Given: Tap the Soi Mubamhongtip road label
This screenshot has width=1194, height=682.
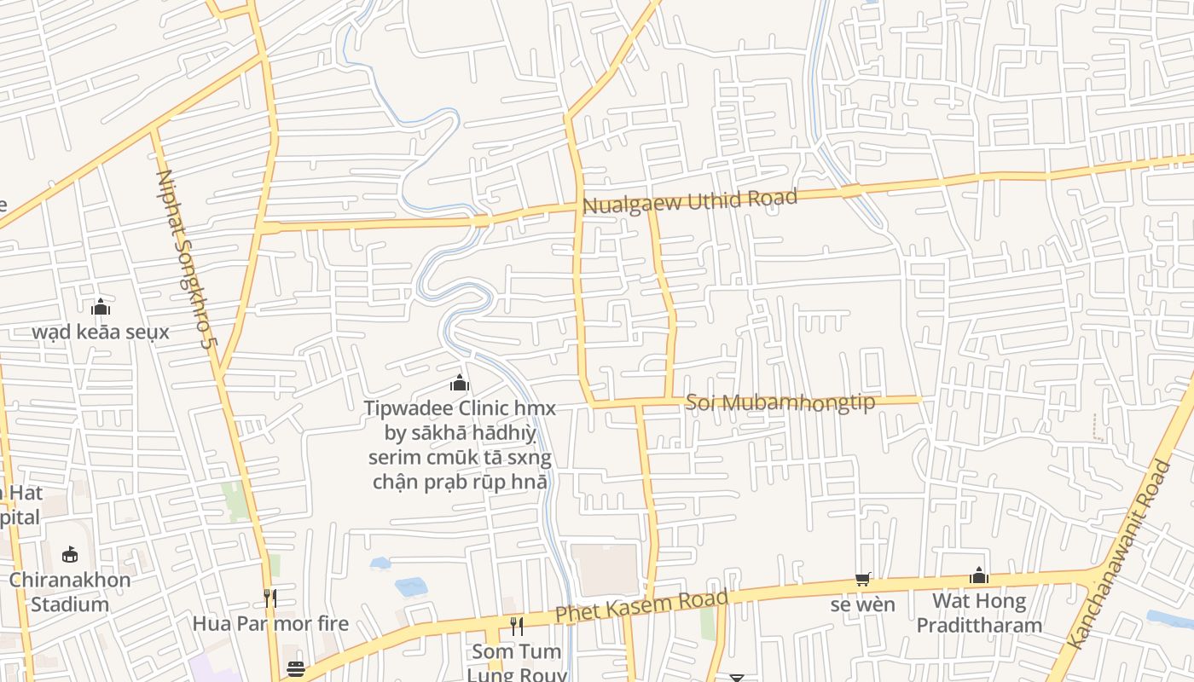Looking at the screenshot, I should coord(780,402).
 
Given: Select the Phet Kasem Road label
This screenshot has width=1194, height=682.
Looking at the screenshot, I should coord(641,605).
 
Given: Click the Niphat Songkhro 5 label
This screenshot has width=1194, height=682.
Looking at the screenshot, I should coord(182,259).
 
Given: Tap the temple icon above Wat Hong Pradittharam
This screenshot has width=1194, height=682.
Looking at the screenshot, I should coord(979,576).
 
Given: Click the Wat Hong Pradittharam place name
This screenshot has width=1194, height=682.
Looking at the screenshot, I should coord(979,613).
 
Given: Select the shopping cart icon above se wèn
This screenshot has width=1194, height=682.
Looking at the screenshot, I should coord(863,580).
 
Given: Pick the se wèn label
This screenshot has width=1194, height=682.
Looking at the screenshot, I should coord(863,605).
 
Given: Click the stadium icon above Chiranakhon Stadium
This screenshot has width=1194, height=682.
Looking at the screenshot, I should coord(70,555).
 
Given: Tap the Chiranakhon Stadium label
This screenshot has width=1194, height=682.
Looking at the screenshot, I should coord(70,592).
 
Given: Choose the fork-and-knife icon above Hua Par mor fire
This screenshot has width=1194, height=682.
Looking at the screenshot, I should coord(270,598).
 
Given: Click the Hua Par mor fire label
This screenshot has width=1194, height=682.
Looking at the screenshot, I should coord(270,623).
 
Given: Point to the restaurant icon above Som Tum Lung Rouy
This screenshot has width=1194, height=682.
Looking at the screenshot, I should coord(517,627).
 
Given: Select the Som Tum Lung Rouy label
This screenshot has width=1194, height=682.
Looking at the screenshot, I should coord(517,663).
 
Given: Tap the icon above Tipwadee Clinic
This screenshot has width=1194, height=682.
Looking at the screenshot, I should coord(460,383).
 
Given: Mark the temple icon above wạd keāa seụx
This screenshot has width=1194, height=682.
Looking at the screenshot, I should coord(101,307).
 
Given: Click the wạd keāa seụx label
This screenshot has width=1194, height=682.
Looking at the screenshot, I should coord(101,332).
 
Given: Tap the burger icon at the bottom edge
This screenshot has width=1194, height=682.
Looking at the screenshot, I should coord(296,669).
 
